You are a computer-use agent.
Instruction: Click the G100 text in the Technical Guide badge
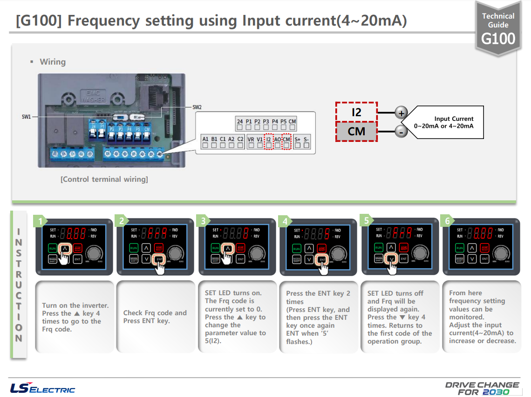[x=498, y=38]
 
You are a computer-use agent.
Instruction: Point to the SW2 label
[x=197, y=107]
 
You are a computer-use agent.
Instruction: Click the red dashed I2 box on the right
[x=356, y=112]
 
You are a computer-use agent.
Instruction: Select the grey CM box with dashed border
[x=356, y=132]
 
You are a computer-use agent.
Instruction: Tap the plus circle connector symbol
[x=401, y=112]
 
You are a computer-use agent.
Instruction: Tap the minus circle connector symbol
[x=401, y=132]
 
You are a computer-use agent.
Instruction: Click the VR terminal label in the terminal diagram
[x=251, y=139]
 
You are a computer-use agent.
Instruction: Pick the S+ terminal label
[x=297, y=139]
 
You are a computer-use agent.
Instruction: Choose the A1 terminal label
[x=205, y=139]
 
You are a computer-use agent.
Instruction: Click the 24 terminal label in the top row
[x=239, y=122]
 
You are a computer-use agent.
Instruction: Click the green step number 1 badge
[x=41, y=221]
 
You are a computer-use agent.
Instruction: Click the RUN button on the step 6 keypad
[x=460, y=248]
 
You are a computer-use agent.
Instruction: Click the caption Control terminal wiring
[x=104, y=179]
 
